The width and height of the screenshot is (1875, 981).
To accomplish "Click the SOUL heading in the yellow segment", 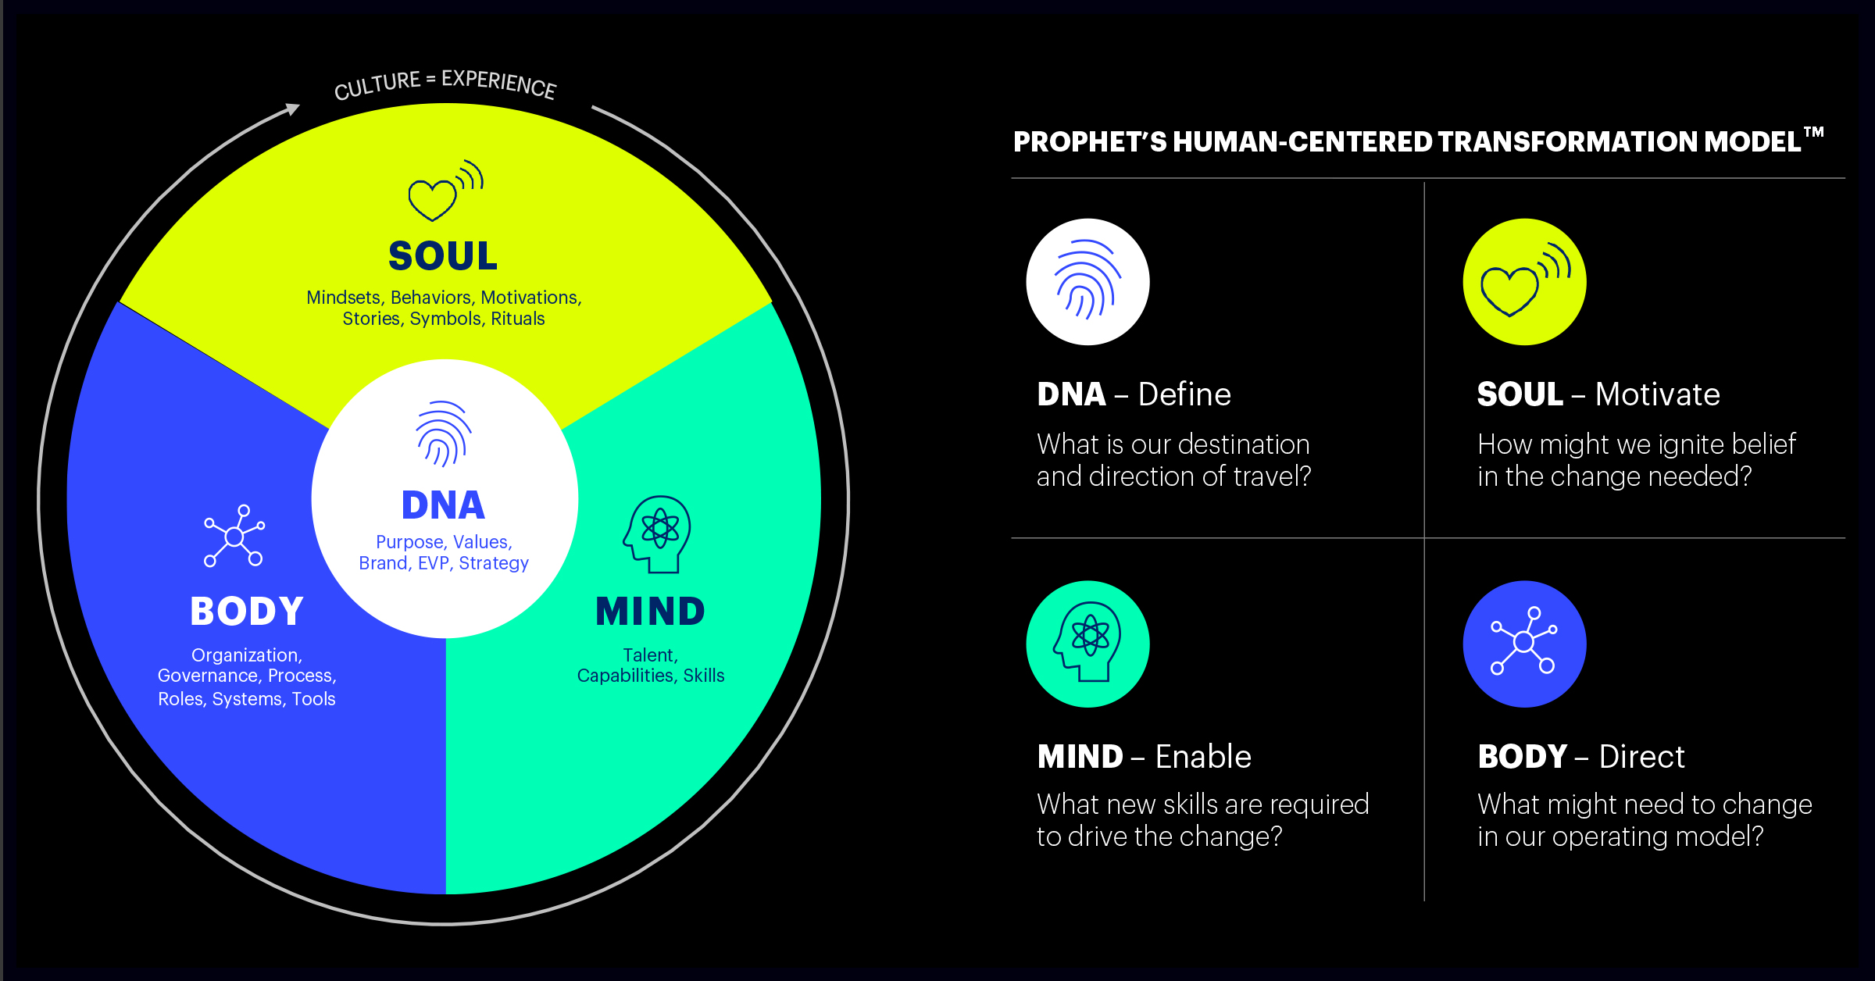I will click(443, 256).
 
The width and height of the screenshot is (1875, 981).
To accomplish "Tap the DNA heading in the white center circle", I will click(443, 505).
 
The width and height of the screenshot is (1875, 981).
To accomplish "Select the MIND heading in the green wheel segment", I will click(650, 612).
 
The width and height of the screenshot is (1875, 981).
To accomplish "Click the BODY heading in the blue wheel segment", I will click(247, 612).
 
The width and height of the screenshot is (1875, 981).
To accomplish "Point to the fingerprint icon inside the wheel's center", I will click(443, 434).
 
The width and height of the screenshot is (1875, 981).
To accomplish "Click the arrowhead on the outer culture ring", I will click(293, 109).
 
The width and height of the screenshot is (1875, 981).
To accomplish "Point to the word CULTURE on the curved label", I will click(377, 85).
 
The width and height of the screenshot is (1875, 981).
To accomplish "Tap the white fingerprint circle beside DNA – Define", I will click(1087, 282).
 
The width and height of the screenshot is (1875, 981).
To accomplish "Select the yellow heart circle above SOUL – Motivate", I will click(1524, 282).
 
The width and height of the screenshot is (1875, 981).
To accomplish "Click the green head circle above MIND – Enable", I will click(1087, 644).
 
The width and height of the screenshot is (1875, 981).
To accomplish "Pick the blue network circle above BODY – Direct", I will click(1524, 644).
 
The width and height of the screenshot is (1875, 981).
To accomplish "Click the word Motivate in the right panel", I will click(1658, 394).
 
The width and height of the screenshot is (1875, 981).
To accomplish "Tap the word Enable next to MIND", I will click(1203, 757).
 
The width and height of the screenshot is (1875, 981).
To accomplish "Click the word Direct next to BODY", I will click(1641, 757).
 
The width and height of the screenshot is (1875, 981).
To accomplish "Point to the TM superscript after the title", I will click(1814, 132).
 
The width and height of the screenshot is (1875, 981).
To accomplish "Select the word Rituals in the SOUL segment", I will click(518, 319).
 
